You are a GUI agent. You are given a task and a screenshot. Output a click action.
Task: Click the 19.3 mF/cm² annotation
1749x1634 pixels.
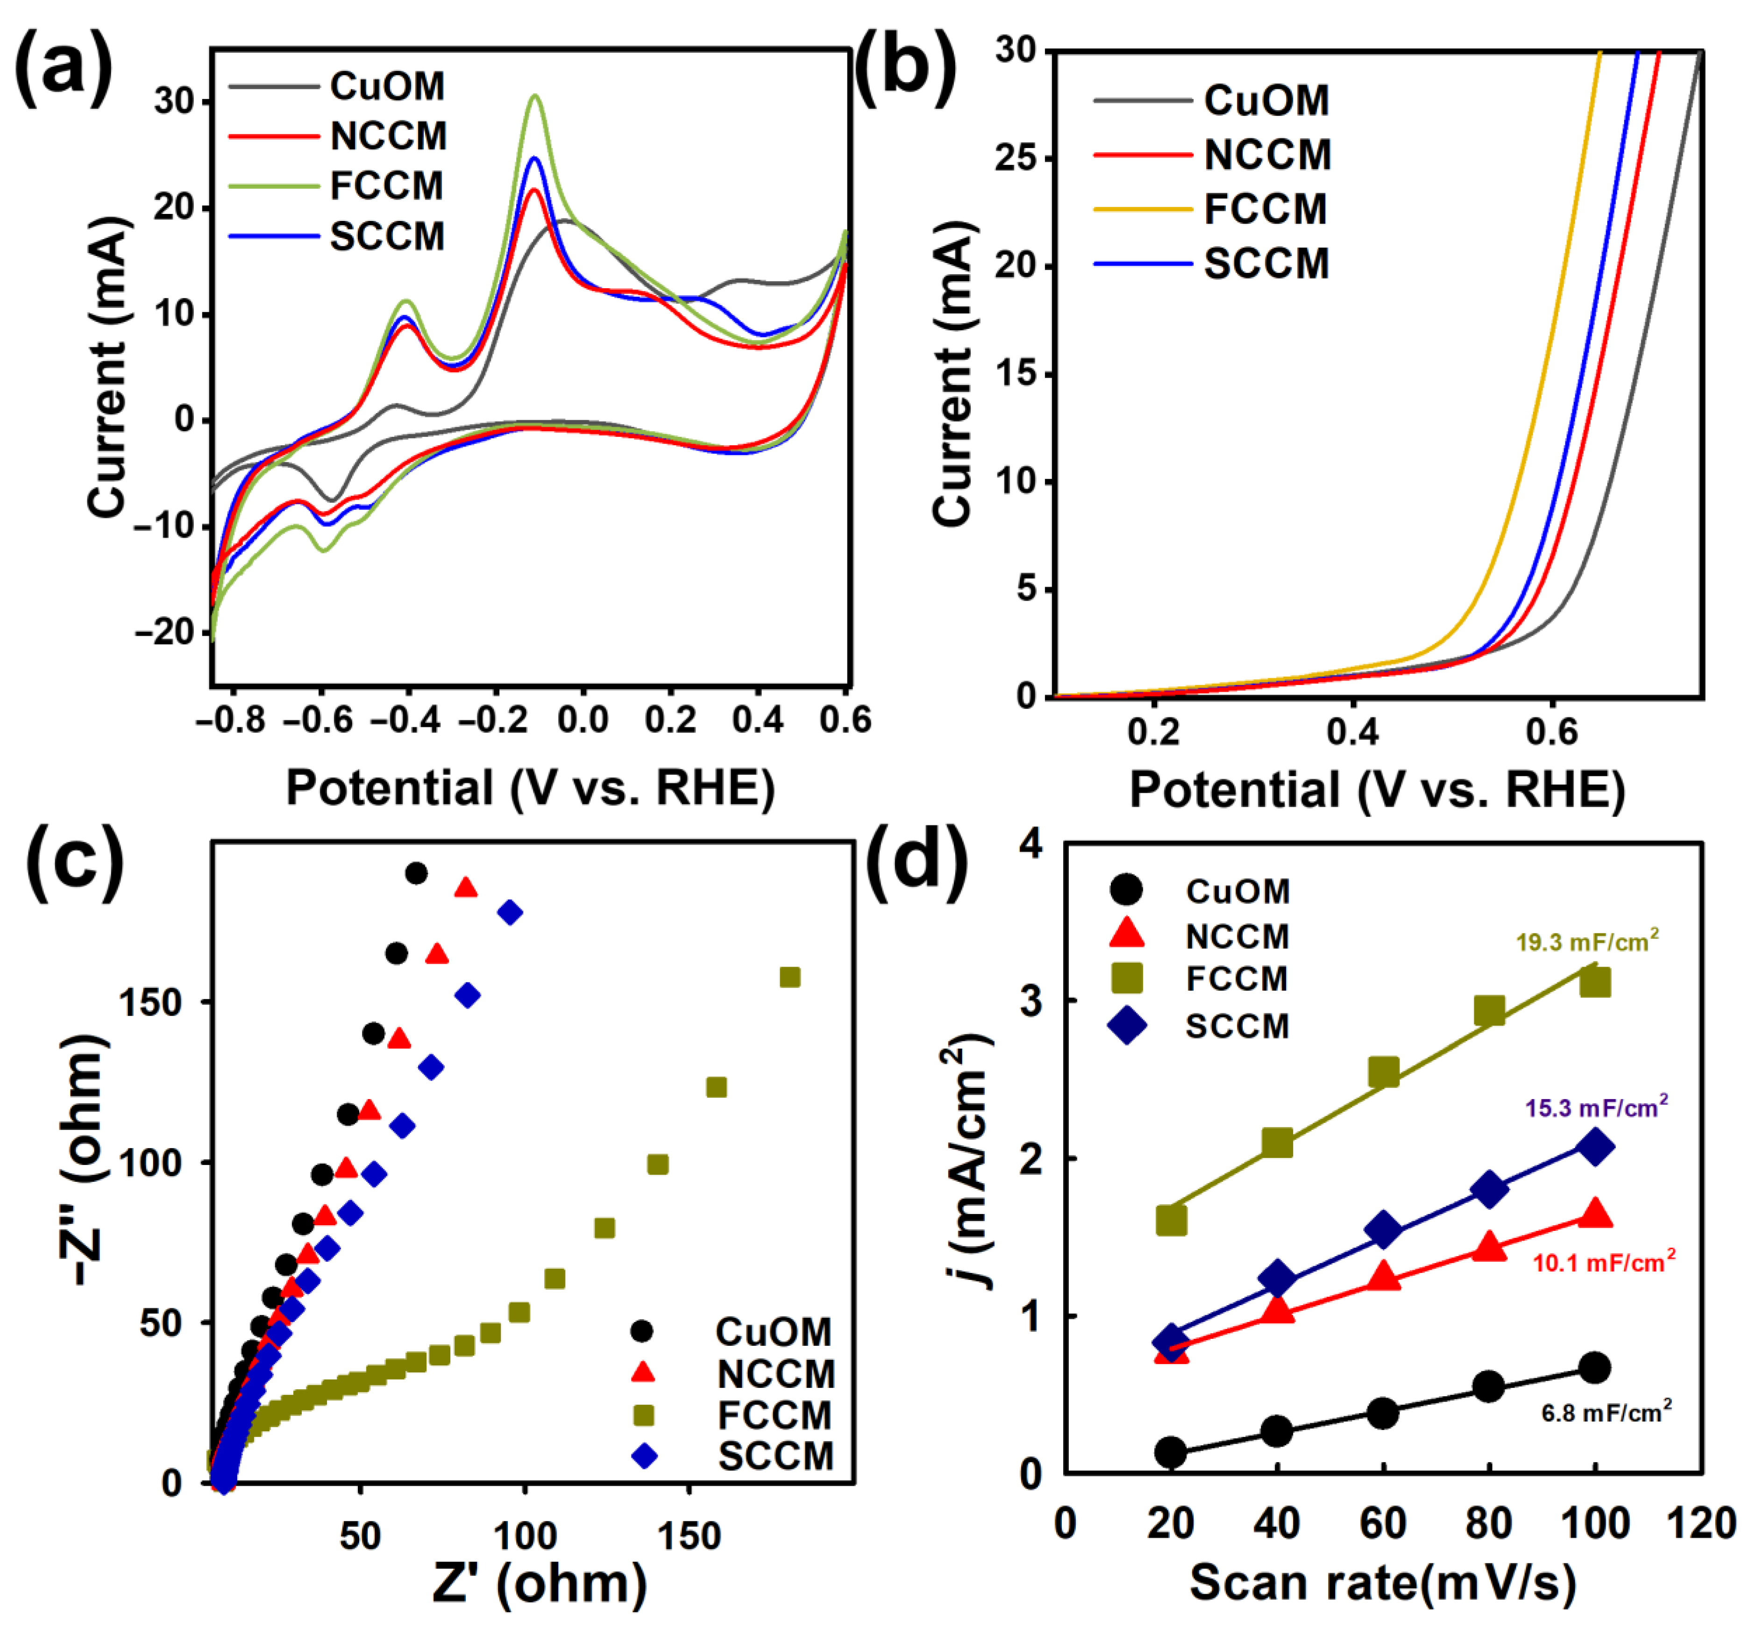(1586, 942)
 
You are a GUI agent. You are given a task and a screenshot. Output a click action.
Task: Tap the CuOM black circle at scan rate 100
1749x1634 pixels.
(1594, 1367)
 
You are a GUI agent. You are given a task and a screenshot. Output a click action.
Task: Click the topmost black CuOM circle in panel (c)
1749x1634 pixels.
(416, 874)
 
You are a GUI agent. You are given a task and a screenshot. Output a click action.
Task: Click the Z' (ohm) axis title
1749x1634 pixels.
(539, 1584)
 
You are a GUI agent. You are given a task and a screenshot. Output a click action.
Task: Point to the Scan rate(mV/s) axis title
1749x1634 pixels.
(1382, 1581)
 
